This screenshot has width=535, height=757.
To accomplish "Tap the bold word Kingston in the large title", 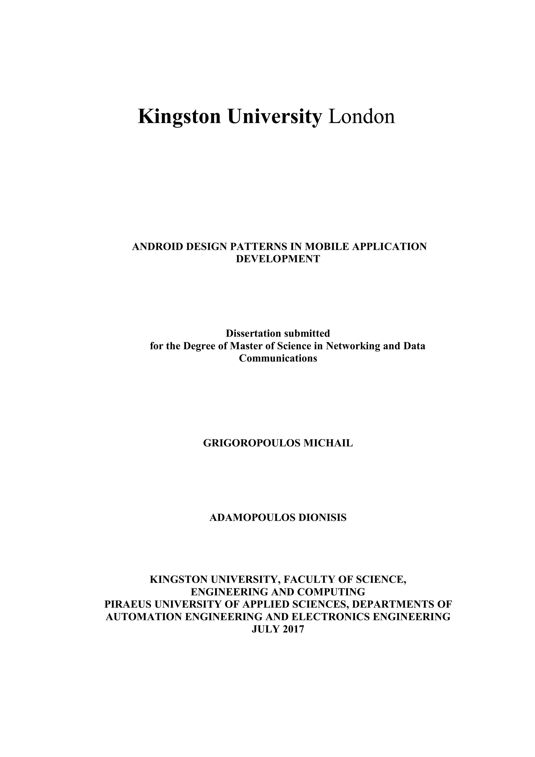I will point(179,117).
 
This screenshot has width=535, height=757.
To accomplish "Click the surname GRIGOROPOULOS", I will point(252,443).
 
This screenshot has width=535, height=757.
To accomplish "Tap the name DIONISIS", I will point(322,518).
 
